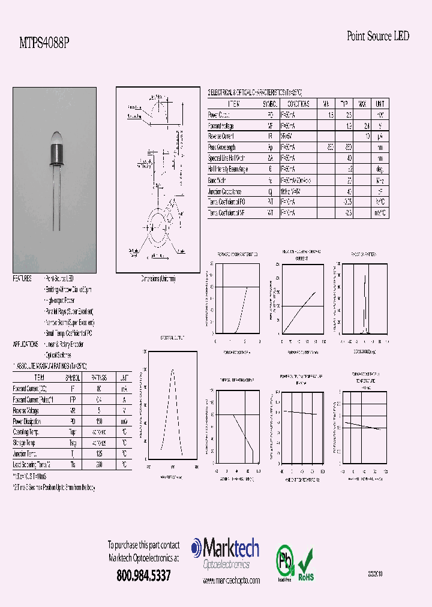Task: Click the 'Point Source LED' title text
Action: tap(378, 36)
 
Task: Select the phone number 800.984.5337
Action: tap(143, 575)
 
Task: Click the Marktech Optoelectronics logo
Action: tap(225, 554)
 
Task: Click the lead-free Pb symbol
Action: tap(283, 561)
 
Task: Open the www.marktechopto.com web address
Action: tap(231, 581)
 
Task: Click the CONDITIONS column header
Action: tap(295, 104)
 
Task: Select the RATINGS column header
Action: tap(98, 378)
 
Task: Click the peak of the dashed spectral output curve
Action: tap(173, 370)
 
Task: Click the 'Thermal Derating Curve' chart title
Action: tap(237, 380)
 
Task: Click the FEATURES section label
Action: tap(23, 279)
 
